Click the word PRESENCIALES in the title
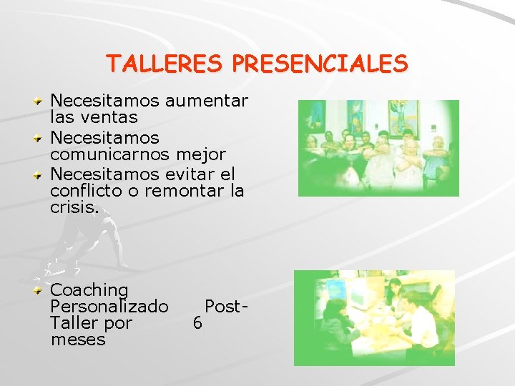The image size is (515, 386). tap(320, 64)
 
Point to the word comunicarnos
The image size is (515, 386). tap(110, 154)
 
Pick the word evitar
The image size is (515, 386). tap(190, 174)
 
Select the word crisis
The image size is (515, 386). tap(75, 207)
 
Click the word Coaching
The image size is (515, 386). tap(89, 290)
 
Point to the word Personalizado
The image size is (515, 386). tap(109, 307)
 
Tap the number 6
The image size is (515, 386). tap(197, 323)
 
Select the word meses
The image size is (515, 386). tap(78, 340)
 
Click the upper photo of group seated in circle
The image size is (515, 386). tap(378, 148)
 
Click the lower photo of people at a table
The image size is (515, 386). tap(374, 318)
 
